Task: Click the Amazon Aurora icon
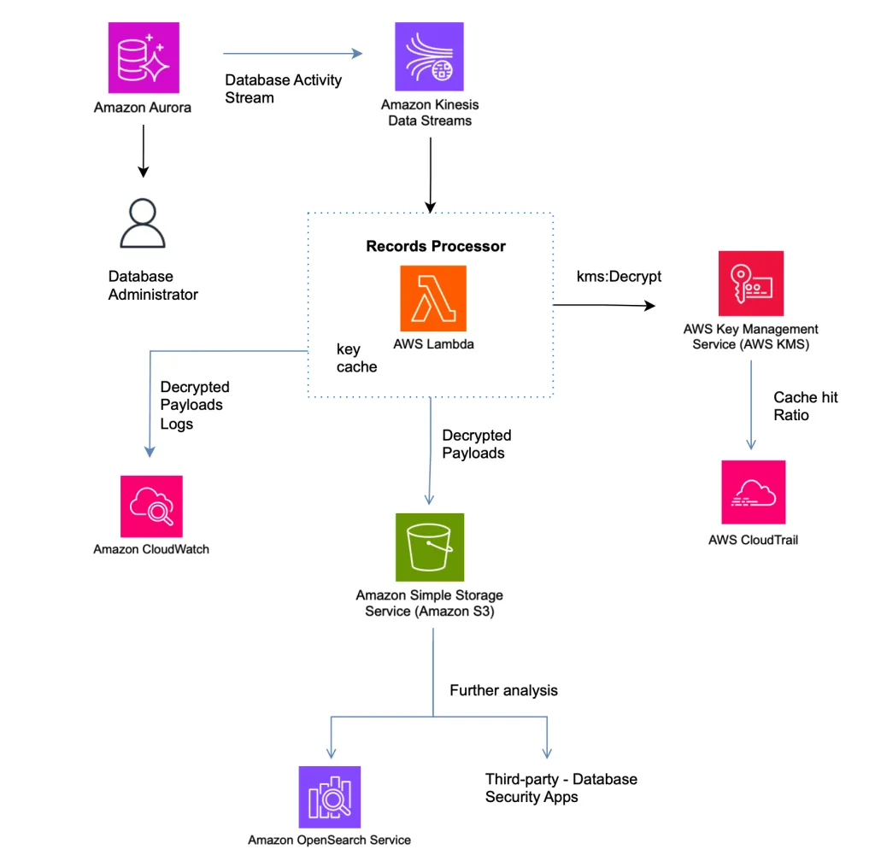[143, 58]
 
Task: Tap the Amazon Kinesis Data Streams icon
[429, 57]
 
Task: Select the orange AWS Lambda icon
[433, 298]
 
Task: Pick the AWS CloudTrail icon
[753, 492]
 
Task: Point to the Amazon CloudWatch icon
[150, 506]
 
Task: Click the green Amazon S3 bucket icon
[429, 547]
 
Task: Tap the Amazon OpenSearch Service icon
[329, 797]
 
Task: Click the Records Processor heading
[436, 246]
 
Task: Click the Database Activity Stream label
[283, 89]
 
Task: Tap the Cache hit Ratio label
[806, 406]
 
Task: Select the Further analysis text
[503, 690]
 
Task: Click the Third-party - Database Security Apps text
[561, 788]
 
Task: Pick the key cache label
[356, 358]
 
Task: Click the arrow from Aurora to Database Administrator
[143, 154]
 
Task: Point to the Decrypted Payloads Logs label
[195, 405]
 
